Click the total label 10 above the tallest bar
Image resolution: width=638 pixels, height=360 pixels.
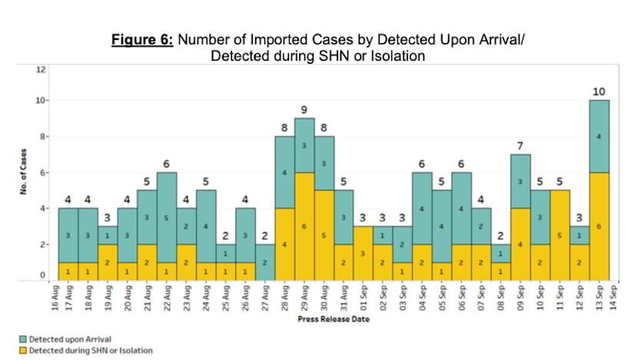600,92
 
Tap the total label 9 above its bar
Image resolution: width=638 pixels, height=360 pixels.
304,110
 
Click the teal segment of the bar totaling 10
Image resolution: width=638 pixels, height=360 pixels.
600,135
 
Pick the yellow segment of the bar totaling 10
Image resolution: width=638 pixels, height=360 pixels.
600,225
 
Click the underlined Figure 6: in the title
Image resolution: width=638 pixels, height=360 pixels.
145,41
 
